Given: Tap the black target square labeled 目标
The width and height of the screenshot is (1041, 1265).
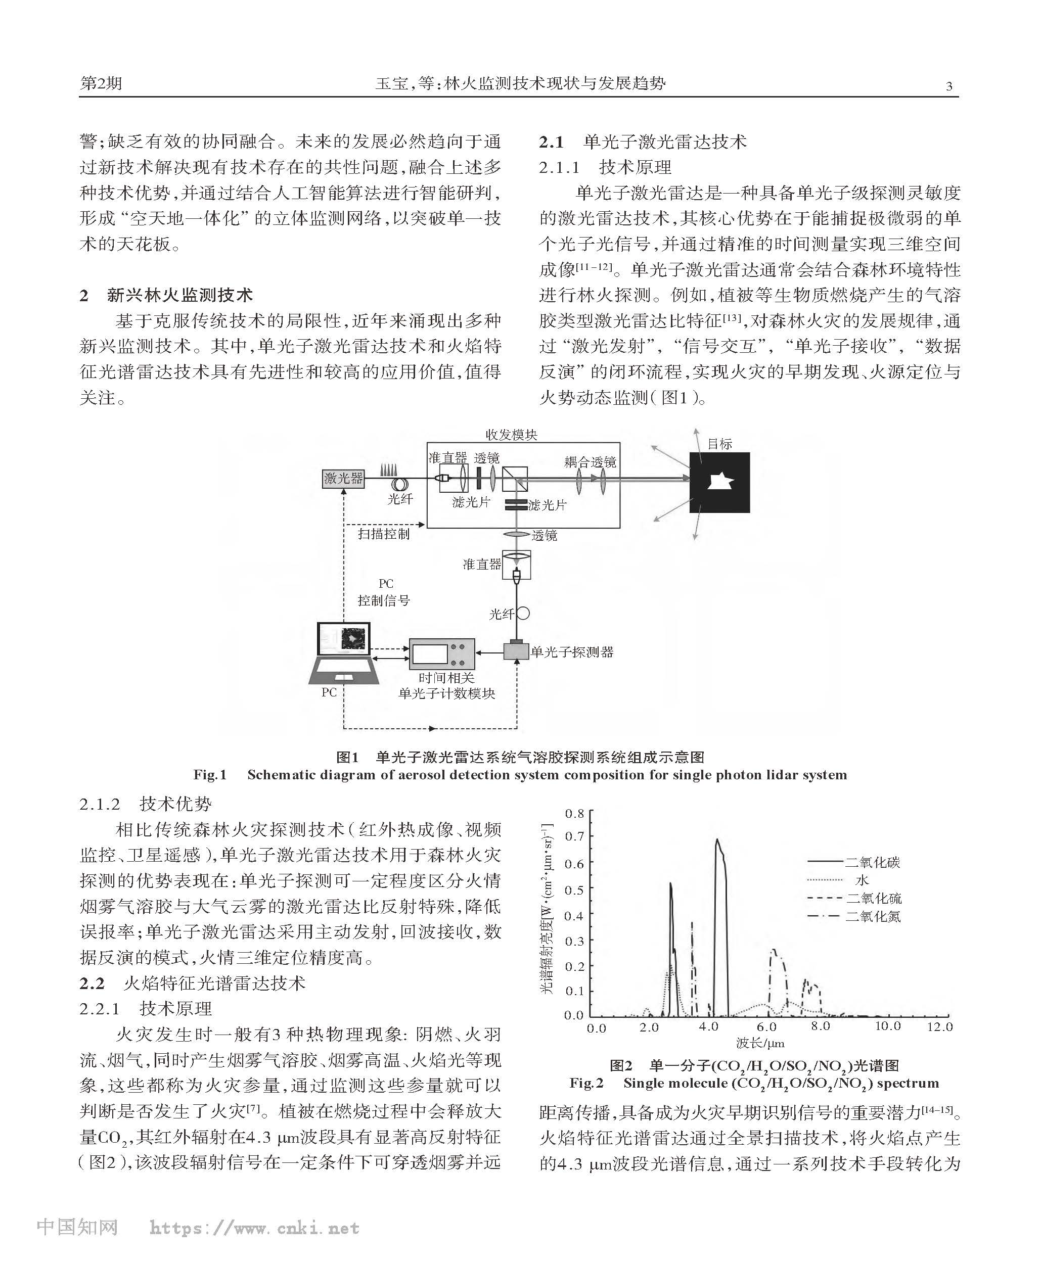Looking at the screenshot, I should (719, 482).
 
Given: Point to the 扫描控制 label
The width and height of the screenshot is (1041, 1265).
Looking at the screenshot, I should (384, 534).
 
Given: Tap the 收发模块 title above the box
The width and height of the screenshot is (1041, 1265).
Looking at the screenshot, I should (512, 435).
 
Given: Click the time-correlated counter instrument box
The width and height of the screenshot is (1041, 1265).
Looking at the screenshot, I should (442, 654).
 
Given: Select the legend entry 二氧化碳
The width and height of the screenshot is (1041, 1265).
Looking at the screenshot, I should (873, 862).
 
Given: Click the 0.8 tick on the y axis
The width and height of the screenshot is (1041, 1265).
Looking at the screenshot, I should (574, 814).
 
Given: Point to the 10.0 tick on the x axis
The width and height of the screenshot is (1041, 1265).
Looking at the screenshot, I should (887, 1026).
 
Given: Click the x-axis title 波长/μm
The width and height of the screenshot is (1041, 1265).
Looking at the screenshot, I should (760, 1043).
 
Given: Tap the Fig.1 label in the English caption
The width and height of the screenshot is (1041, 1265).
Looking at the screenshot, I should (210, 775).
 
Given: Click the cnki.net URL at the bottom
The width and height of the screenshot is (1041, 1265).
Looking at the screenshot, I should (254, 1228).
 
